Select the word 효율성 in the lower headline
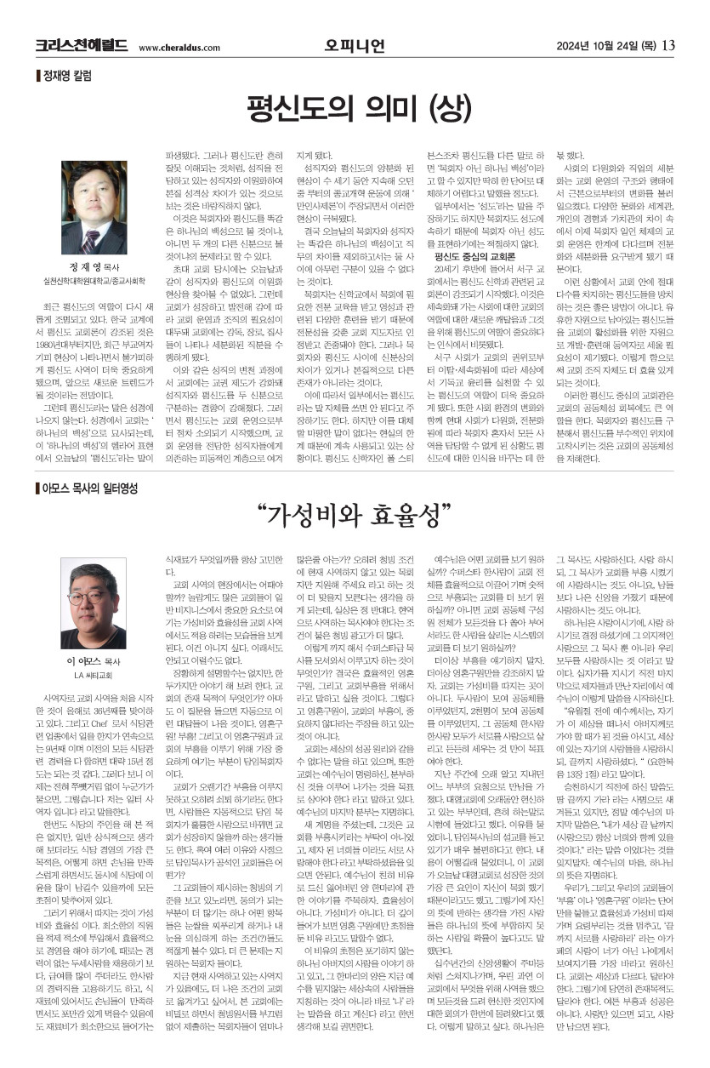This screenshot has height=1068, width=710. pos(405,516)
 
